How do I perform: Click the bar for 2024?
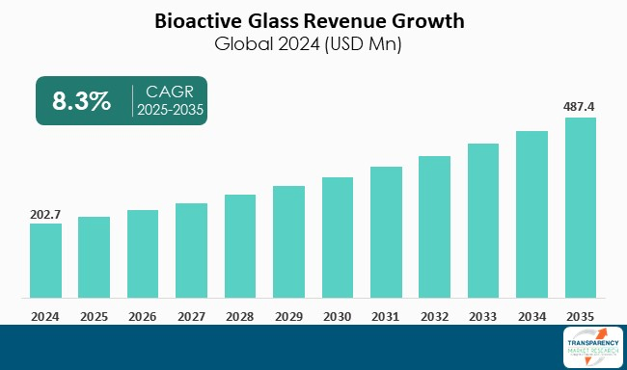tap(44, 260)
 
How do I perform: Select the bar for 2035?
tap(580, 207)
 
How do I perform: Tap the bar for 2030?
tap(337, 237)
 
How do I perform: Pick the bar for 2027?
tap(191, 250)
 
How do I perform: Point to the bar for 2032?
tap(434, 226)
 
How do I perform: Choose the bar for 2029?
tap(288, 241)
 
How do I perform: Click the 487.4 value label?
tap(580, 106)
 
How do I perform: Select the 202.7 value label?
tap(44, 212)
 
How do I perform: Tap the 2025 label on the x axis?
tap(94, 315)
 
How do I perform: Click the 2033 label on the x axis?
tap(482, 315)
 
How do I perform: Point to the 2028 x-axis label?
tap(239, 315)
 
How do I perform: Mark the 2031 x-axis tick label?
tap(385, 315)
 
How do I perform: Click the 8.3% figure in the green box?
tap(81, 101)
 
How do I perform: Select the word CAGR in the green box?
tap(170, 92)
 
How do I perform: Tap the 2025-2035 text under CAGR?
tap(170, 111)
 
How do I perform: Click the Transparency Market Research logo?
tap(590, 347)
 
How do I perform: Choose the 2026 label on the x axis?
tap(142, 315)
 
